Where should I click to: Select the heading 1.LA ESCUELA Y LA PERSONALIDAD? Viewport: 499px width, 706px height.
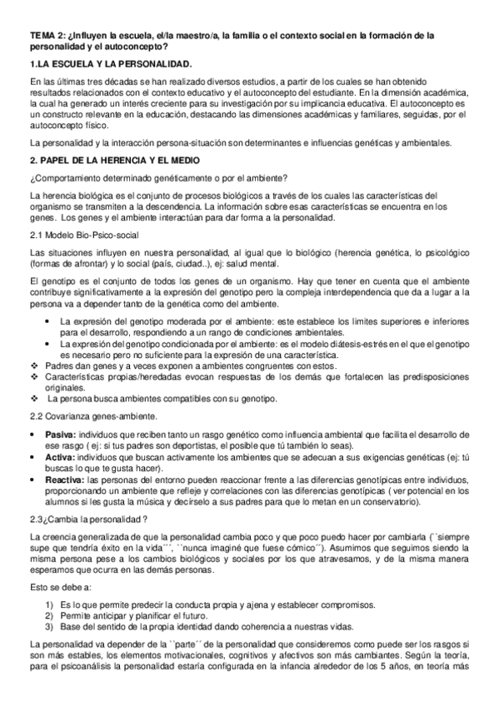110,63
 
